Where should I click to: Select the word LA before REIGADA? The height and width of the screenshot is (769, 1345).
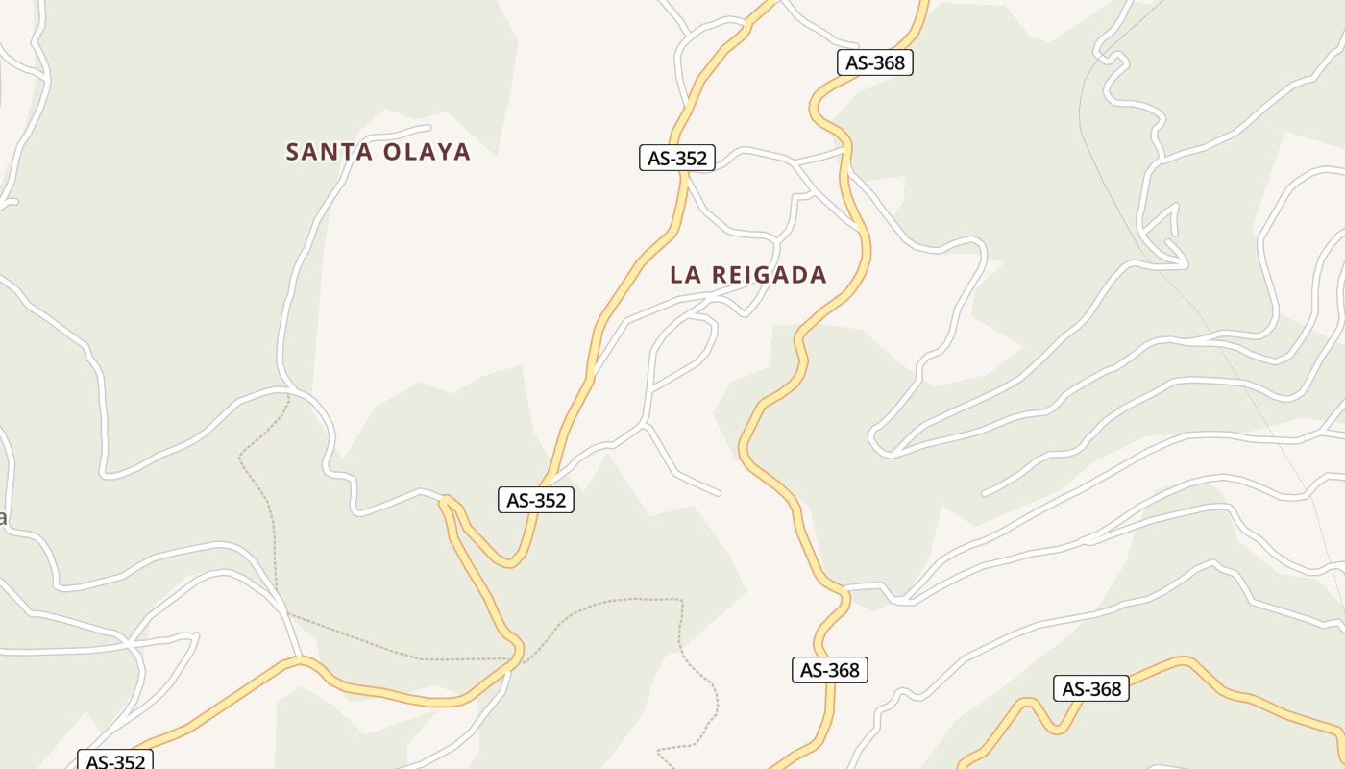[x=684, y=275]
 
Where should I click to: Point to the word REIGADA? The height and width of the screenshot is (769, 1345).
[x=770, y=275]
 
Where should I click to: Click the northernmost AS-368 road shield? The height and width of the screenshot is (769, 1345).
[x=874, y=62]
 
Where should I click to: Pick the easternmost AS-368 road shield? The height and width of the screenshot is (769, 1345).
[x=1091, y=688]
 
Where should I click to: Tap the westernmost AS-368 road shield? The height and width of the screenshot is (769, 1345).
[x=830, y=670]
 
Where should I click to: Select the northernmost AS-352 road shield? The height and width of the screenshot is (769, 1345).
[x=677, y=158]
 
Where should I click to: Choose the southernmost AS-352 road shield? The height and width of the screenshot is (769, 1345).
[x=114, y=761]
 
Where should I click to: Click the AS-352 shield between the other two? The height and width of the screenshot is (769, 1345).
[x=536, y=500]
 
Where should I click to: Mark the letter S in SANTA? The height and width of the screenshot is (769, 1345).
[x=294, y=152]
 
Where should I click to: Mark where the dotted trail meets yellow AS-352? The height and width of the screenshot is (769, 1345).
[x=517, y=659]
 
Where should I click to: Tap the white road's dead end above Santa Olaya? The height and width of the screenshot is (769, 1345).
[x=428, y=126]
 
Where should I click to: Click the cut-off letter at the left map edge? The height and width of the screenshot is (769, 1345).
[x=2, y=519]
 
